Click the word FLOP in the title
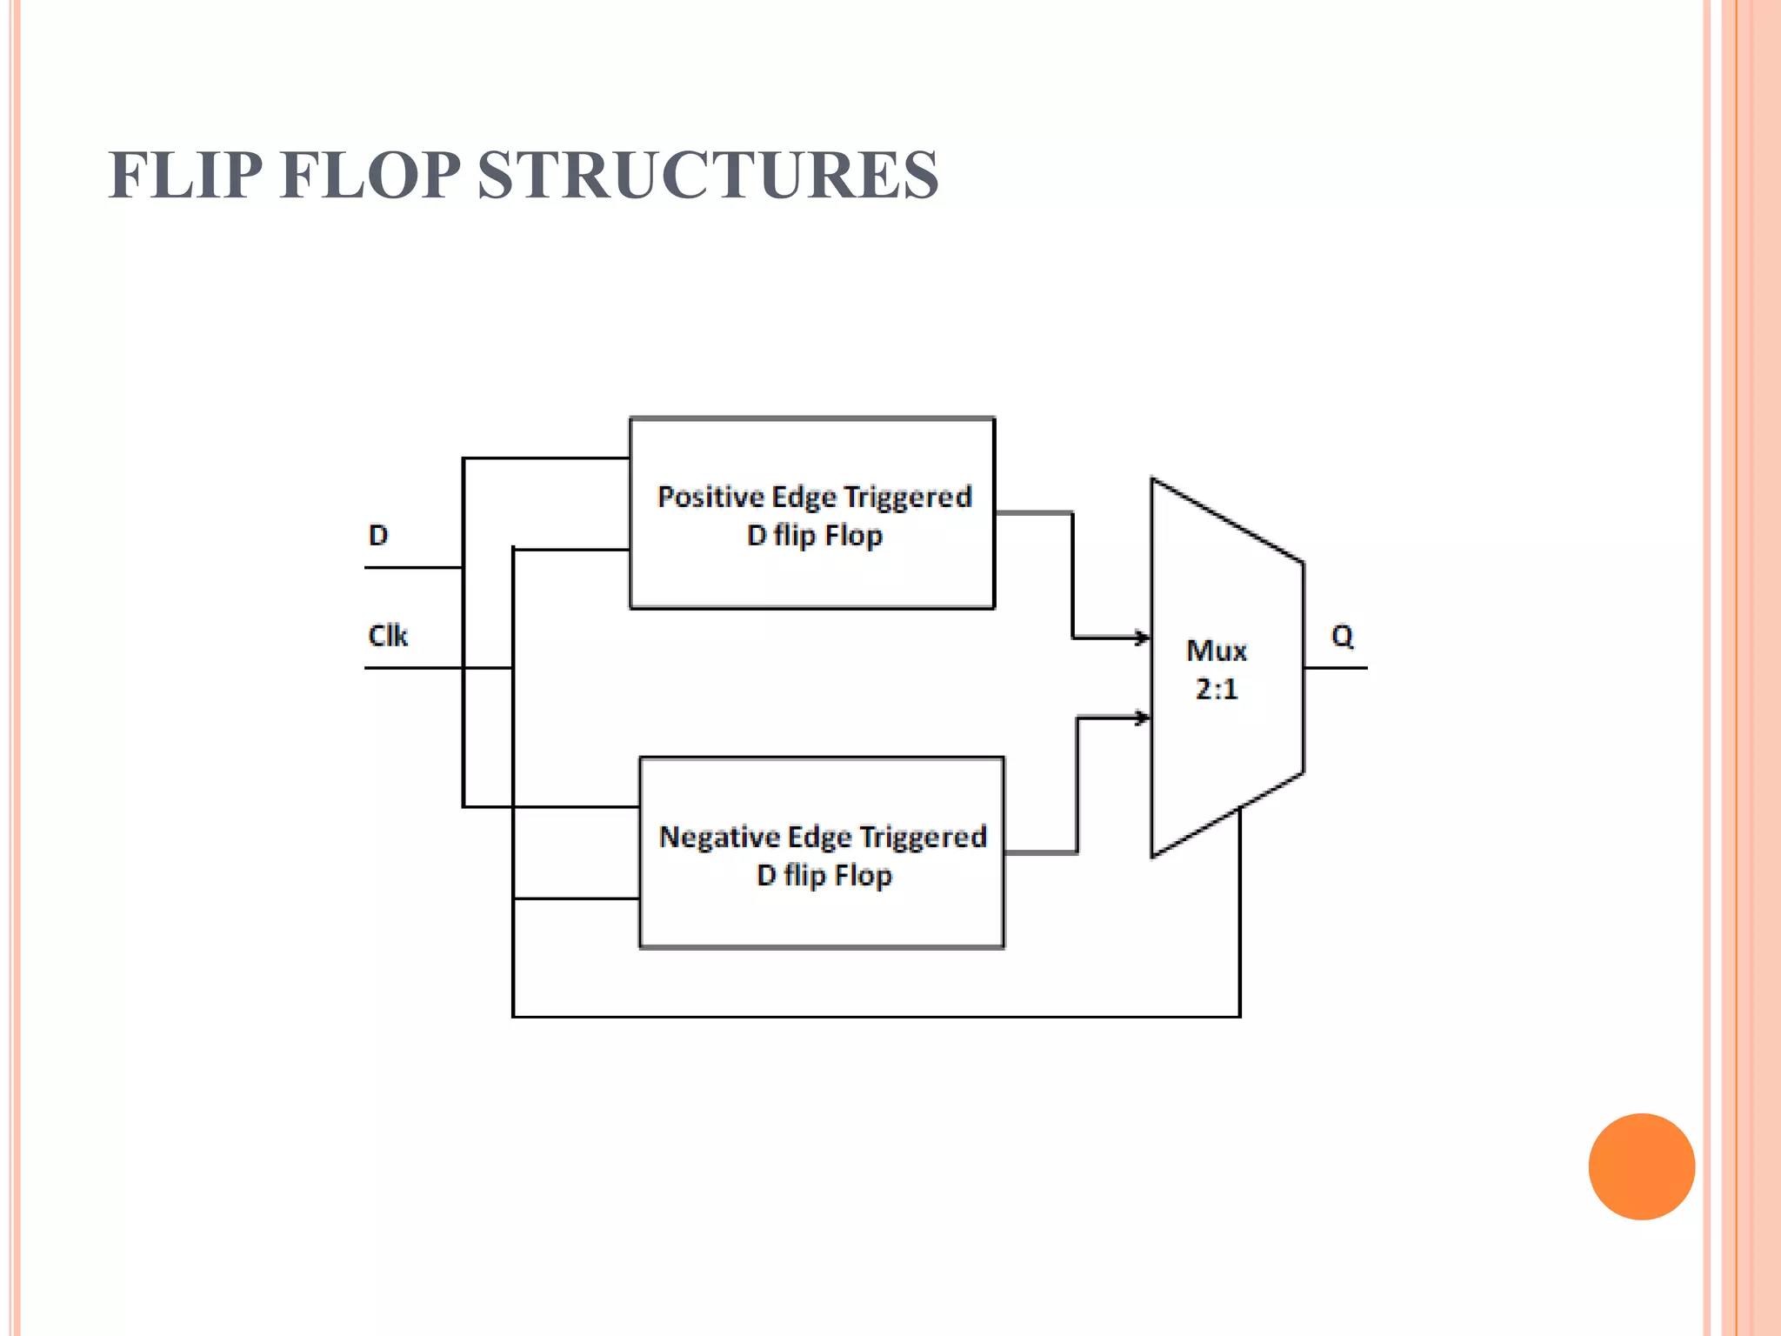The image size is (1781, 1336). [370, 176]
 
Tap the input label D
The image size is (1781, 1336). [378, 535]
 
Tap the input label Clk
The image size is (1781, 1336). [388, 636]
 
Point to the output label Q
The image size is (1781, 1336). [1342, 636]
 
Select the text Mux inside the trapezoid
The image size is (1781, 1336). [1216, 651]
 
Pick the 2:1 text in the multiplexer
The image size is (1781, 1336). [1216, 689]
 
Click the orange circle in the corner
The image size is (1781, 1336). [1641, 1166]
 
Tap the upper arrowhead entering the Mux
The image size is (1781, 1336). [1141, 638]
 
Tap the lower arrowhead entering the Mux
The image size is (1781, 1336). [1141, 718]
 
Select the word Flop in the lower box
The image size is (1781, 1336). [863, 875]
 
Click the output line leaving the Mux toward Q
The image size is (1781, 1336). [1335, 668]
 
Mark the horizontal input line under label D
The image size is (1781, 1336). [413, 568]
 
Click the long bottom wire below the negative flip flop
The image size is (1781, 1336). [870, 1016]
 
